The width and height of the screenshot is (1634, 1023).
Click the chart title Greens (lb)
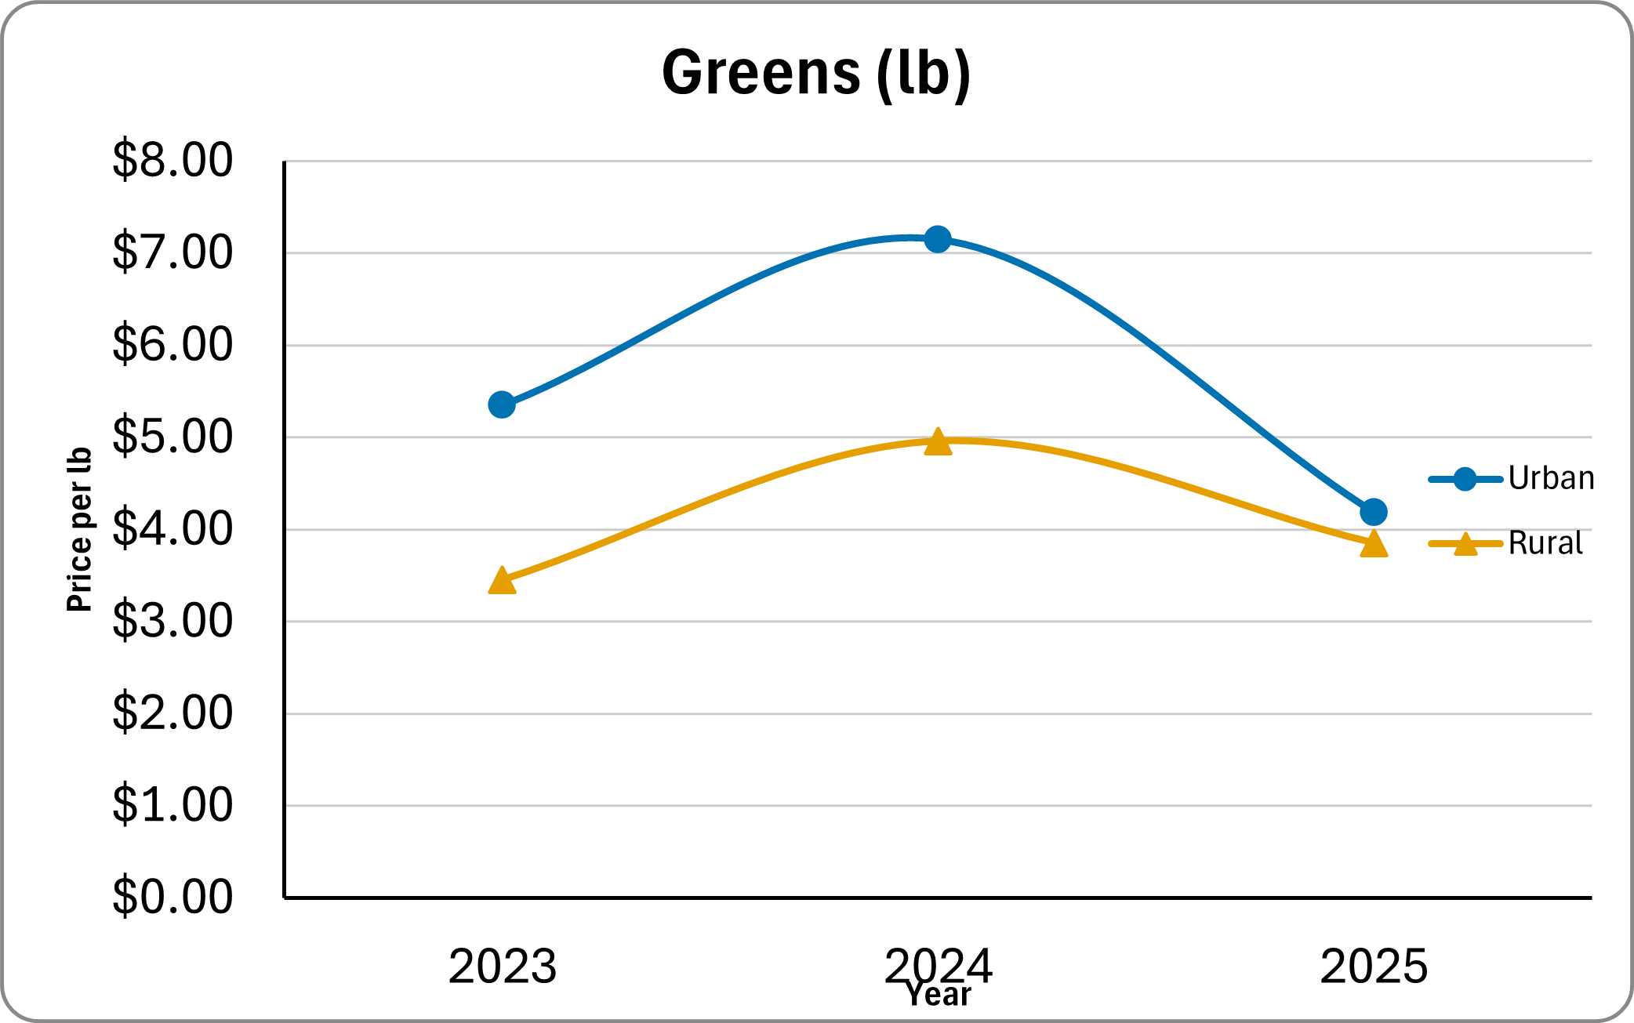(x=816, y=73)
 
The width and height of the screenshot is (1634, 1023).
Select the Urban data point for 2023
(x=502, y=404)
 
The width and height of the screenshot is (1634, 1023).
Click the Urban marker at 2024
(x=938, y=239)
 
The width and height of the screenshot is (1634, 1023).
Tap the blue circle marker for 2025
(x=1374, y=512)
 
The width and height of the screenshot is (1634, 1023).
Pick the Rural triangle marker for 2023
(x=502, y=582)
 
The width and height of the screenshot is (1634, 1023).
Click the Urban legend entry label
(x=1550, y=478)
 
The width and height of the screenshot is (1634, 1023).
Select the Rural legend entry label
(x=1545, y=543)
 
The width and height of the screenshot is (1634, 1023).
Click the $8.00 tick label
(x=172, y=160)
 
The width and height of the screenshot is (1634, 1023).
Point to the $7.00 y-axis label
(x=172, y=252)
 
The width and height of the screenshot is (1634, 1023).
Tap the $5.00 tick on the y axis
(x=172, y=437)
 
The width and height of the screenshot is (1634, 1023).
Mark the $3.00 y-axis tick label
(x=172, y=621)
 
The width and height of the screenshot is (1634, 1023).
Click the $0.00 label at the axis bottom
(x=172, y=897)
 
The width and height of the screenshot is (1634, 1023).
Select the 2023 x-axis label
(x=502, y=967)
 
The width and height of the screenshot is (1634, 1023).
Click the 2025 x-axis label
(x=1374, y=967)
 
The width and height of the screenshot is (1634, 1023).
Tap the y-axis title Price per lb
(x=79, y=530)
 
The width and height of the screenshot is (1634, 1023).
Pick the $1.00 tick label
(x=172, y=805)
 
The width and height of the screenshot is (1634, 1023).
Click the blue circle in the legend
(x=1465, y=478)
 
